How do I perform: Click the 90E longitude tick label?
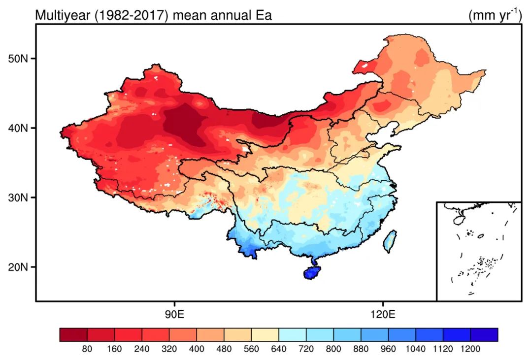coord(174,314)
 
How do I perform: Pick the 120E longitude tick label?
coord(383,314)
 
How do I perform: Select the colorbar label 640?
coord(279,349)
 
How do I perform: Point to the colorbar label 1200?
coord(470,349)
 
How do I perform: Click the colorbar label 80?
coord(87,349)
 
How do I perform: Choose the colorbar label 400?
coord(197,349)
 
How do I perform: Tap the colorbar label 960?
coord(388,349)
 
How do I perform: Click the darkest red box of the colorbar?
coord(73,335)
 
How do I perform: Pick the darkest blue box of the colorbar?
coord(484,335)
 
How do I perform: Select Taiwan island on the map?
coord(390,241)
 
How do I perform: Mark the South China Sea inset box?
coord(478,251)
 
